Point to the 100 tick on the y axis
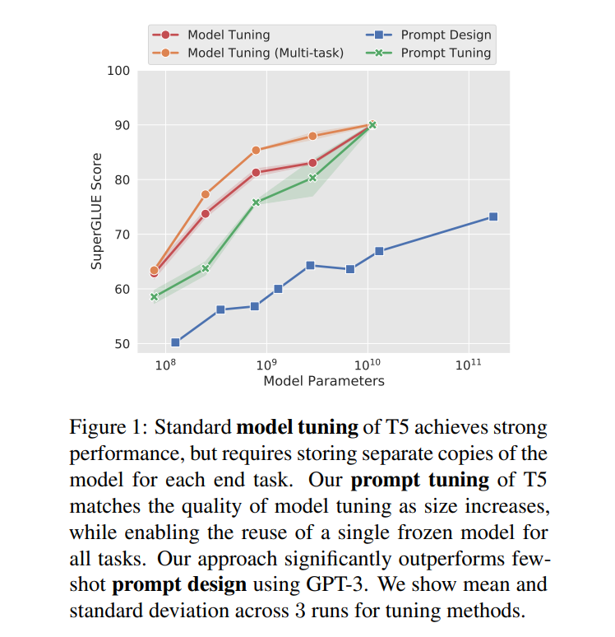119,71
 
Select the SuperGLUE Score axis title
97,212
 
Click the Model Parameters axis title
324,381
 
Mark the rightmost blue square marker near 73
493,216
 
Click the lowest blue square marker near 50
175,342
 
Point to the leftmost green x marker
154,296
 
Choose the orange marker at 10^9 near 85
256,150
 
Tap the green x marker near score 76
256,202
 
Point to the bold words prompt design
179,587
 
